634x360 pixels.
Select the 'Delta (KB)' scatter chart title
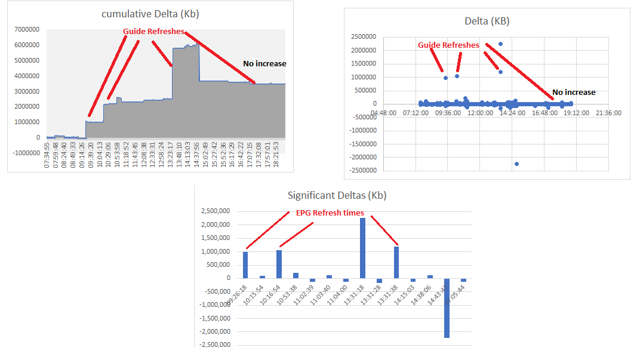[x=487, y=21]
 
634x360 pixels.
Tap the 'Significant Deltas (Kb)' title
[x=337, y=195]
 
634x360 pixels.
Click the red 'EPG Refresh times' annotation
[x=330, y=213]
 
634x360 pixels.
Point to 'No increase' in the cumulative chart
[x=264, y=64]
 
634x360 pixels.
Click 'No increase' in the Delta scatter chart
[x=574, y=93]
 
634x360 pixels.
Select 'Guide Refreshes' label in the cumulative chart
[x=153, y=31]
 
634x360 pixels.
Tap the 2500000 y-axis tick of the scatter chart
[x=365, y=37]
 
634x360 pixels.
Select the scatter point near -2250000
[x=516, y=164]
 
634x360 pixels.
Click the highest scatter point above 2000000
[x=501, y=44]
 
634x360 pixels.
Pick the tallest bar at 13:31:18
[x=362, y=248]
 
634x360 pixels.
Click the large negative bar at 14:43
[x=446, y=307]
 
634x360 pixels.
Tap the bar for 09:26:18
[x=245, y=264]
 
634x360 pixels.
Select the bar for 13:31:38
[x=396, y=262]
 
